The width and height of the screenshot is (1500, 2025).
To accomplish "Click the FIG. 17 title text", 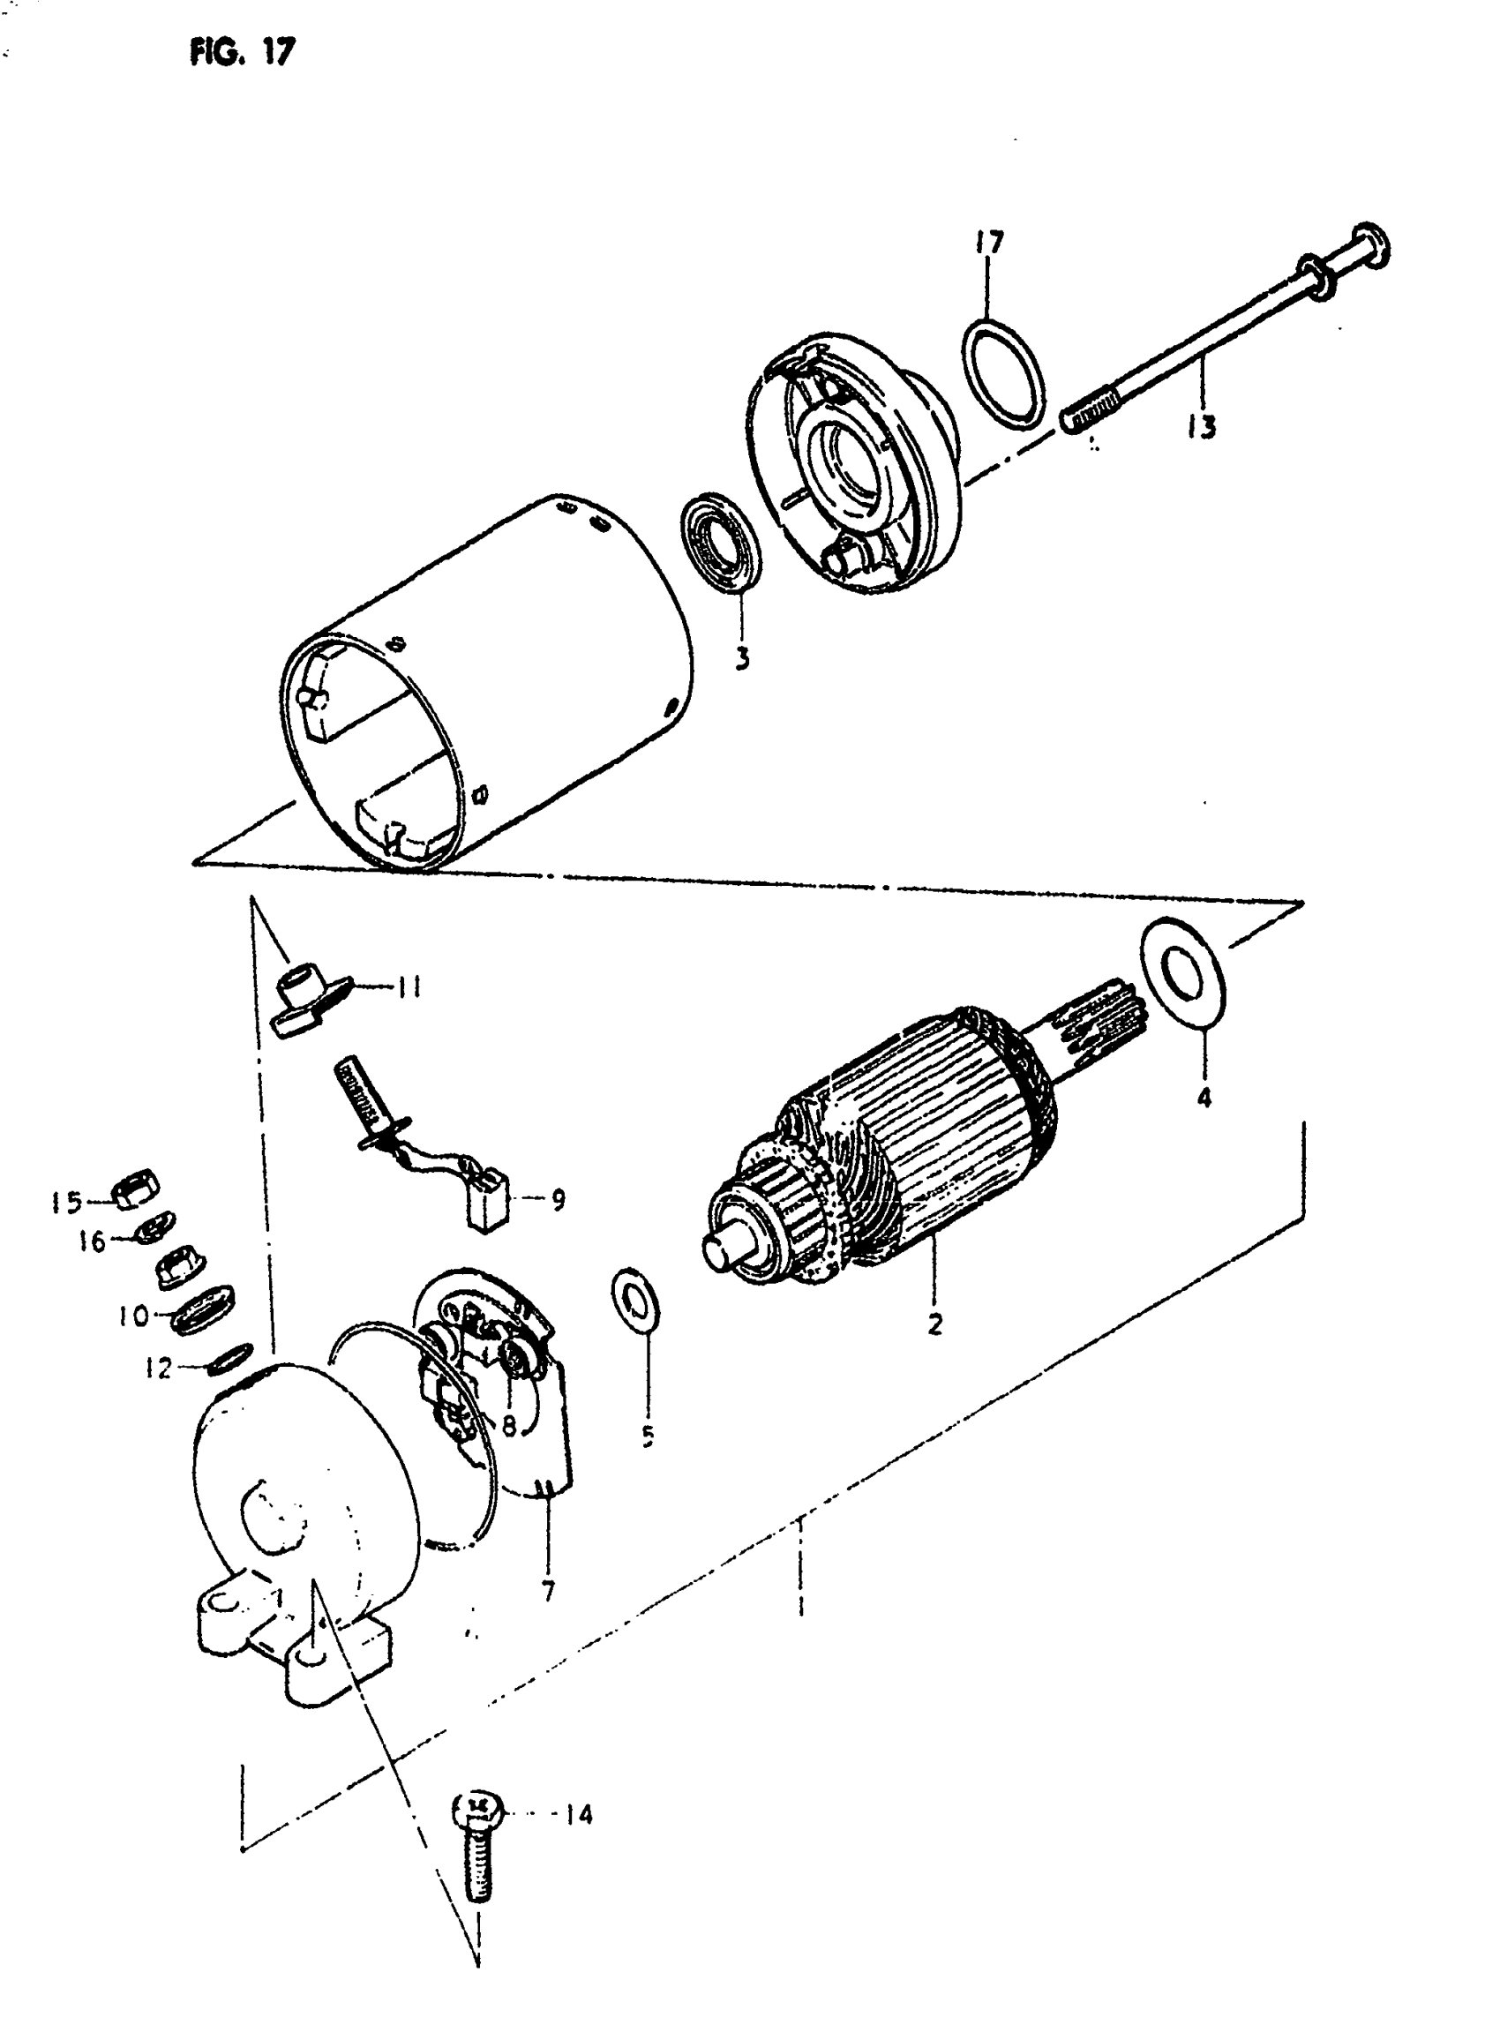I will (x=243, y=53).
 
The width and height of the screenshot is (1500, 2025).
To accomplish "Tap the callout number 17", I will (x=990, y=244).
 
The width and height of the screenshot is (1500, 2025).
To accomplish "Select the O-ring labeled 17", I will (x=1002, y=372).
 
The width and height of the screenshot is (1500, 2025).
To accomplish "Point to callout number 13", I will (x=1202, y=426).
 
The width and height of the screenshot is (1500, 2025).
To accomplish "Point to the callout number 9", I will (x=558, y=1201).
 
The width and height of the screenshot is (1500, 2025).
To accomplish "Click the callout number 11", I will (x=409, y=987).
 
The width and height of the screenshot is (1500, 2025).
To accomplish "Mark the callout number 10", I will (x=133, y=1315).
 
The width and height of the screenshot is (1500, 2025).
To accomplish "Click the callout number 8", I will (x=508, y=1426).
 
